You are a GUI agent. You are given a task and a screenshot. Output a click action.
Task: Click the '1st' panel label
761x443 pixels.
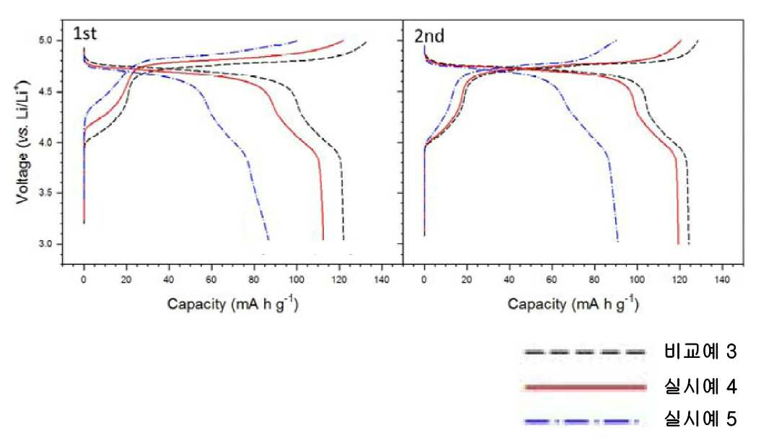point(85,33)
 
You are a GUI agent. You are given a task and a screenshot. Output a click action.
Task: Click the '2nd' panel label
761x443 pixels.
point(429,36)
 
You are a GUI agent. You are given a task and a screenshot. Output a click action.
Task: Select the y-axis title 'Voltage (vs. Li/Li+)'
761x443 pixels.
point(22,142)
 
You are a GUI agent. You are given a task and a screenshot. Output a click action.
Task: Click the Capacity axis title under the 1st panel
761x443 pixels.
point(233,304)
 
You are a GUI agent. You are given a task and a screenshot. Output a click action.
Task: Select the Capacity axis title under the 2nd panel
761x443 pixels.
point(573,304)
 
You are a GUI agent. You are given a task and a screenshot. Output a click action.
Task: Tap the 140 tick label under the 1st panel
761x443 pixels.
point(382,279)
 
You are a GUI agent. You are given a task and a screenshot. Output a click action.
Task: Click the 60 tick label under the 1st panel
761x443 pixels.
point(211,279)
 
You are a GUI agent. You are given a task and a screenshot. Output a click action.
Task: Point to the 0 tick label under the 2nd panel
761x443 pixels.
point(424,279)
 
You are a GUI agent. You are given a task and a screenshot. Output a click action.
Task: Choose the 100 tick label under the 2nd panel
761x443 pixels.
point(637,279)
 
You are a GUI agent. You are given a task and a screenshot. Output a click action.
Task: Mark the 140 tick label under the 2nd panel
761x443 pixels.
point(723,279)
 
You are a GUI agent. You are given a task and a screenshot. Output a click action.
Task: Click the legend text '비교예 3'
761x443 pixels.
point(700,351)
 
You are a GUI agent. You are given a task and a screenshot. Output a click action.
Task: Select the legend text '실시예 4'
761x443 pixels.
point(700,386)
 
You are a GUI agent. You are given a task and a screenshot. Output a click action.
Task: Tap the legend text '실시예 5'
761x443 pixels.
point(700,418)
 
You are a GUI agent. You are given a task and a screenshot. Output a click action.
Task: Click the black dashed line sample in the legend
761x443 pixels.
point(585,352)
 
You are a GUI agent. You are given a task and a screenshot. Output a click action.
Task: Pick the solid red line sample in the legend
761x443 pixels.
point(586,387)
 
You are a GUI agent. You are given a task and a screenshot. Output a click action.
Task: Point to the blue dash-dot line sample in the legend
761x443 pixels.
point(581,422)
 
